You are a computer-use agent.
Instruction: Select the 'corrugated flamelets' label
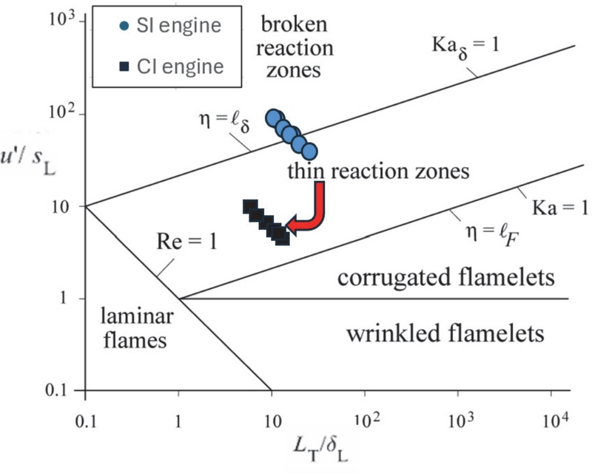(445, 278)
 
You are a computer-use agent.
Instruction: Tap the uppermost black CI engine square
(249, 207)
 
